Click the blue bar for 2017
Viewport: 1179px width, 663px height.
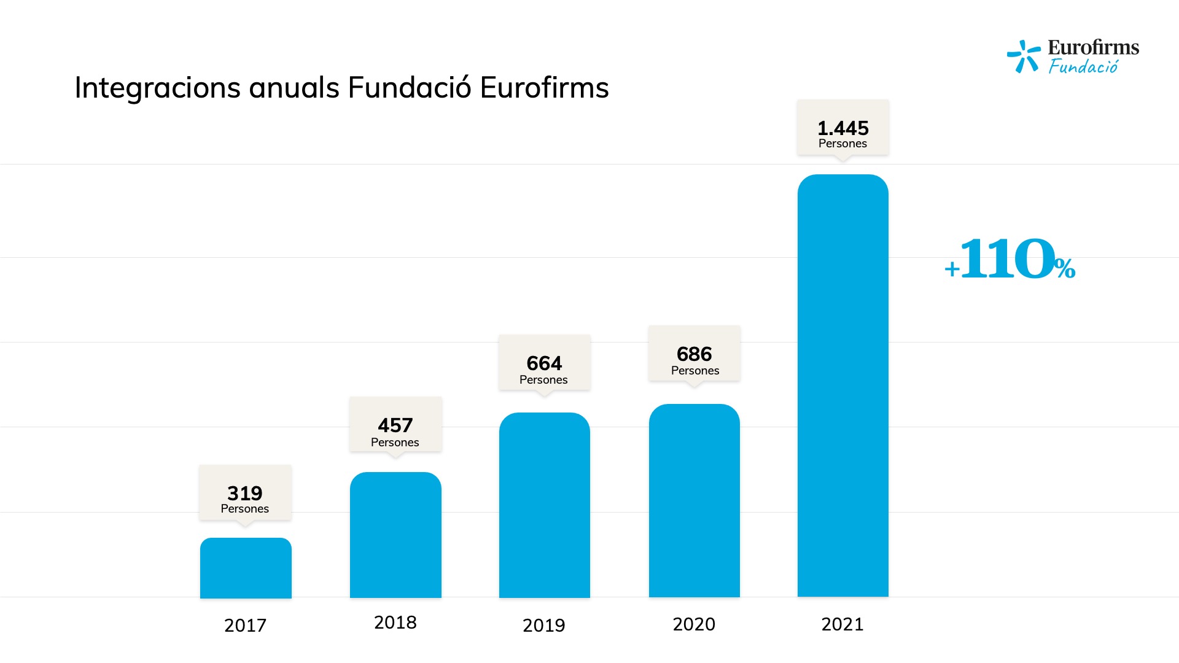[246, 568]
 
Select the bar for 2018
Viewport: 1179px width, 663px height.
[395, 535]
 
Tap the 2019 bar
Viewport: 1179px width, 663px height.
[544, 505]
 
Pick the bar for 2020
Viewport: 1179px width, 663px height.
[694, 500]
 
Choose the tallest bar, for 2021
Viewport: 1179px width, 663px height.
[842, 386]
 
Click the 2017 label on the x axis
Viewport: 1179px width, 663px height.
[245, 625]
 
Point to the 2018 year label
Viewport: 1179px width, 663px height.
[395, 622]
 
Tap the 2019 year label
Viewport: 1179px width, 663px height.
[543, 625]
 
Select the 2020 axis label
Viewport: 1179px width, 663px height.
[694, 624]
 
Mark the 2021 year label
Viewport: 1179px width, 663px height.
[842, 624]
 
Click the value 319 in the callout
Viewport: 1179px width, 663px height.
[244, 493]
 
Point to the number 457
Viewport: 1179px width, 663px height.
[395, 425]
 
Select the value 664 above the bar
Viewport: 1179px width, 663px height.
[544, 363]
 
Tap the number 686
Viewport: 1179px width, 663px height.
[694, 354]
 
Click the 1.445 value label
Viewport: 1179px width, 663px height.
[842, 128]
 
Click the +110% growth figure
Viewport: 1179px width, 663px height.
[1010, 260]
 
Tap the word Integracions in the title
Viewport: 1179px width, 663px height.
[158, 88]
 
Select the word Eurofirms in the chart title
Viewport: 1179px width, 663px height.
[544, 88]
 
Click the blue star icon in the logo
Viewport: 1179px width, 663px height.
[1024, 56]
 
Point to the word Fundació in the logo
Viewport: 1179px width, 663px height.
[1083, 66]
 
